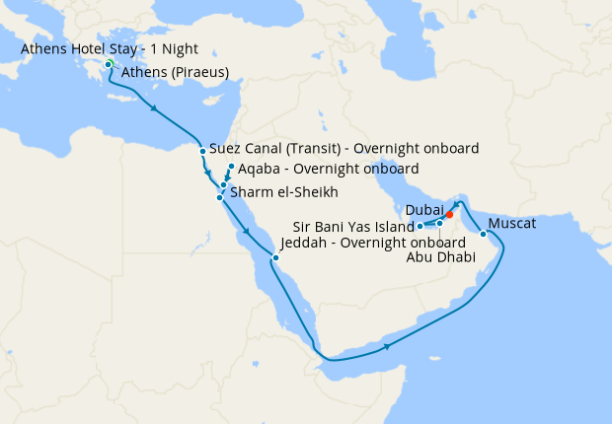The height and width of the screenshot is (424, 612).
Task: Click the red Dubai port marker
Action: tap(449, 214)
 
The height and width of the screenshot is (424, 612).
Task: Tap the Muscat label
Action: tap(512, 224)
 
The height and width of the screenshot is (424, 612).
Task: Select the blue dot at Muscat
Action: tap(483, 235)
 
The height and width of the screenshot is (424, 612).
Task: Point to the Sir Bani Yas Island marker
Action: tap(420, 227)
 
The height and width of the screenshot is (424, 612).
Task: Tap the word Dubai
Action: tap(422, 210)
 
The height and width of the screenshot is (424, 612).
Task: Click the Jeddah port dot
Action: tap(276, 258)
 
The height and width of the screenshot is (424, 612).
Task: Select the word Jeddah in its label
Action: tap(303, 243)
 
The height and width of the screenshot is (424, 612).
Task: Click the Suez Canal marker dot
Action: tap(202, 151)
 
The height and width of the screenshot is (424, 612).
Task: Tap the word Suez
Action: tap(226, 149)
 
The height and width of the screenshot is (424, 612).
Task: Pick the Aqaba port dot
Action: tap(231, 167)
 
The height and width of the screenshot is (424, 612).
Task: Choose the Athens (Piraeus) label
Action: tap(176, 72)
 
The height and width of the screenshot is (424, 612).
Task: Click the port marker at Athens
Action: tap(109, 65)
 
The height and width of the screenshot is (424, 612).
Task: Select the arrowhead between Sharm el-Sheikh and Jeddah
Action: tap(244, 232)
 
